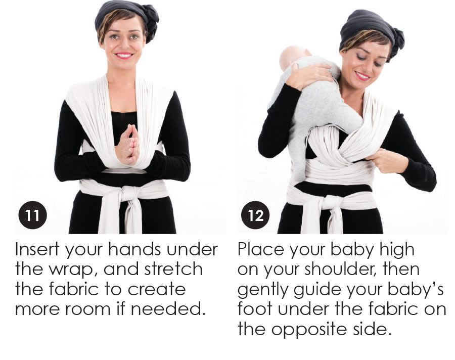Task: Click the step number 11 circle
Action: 32,215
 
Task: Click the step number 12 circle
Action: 255,215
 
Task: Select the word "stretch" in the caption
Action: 173,269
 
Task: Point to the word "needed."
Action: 166,309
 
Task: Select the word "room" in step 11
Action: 87,310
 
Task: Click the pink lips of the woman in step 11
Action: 124,55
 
